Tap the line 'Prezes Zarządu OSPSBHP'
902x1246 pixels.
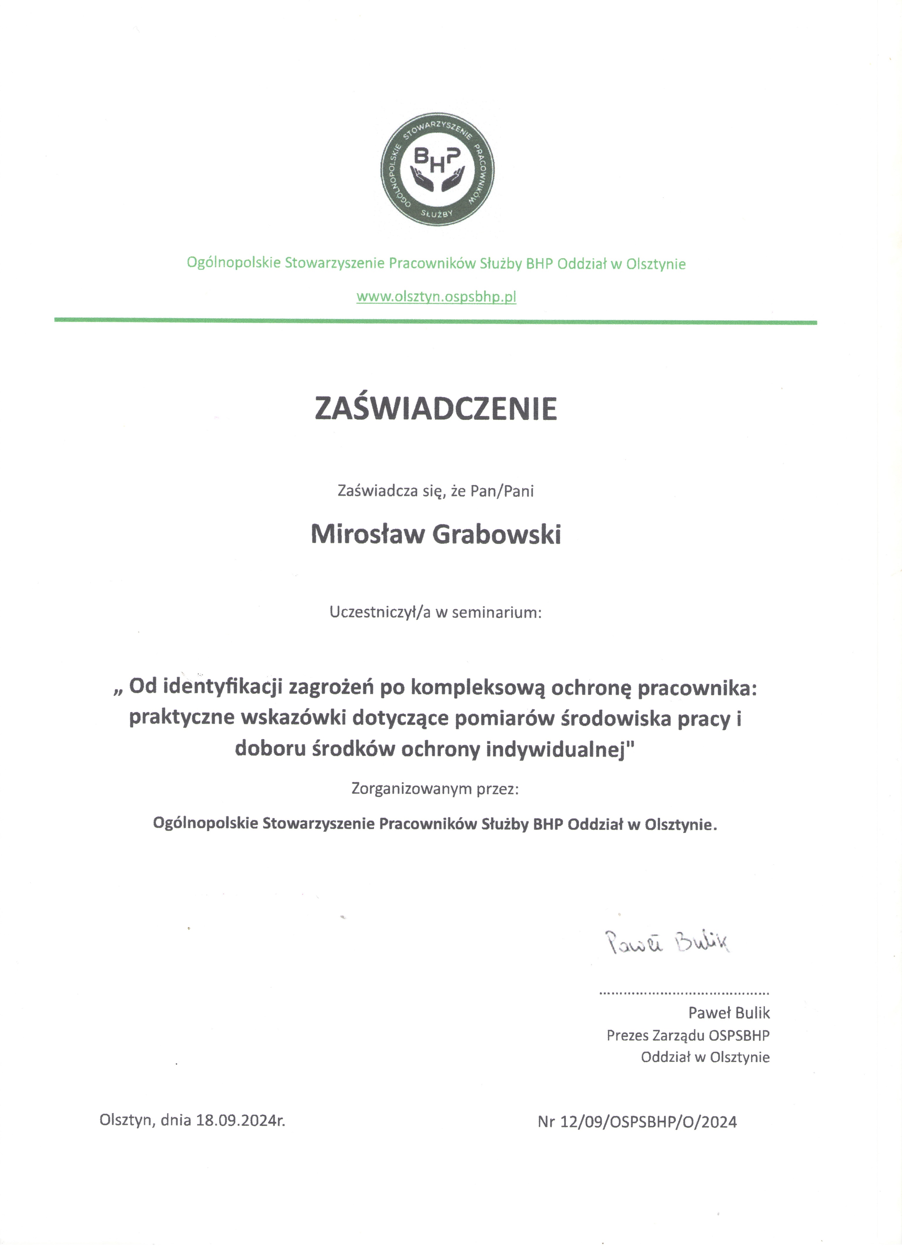(x=688, y=1035)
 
